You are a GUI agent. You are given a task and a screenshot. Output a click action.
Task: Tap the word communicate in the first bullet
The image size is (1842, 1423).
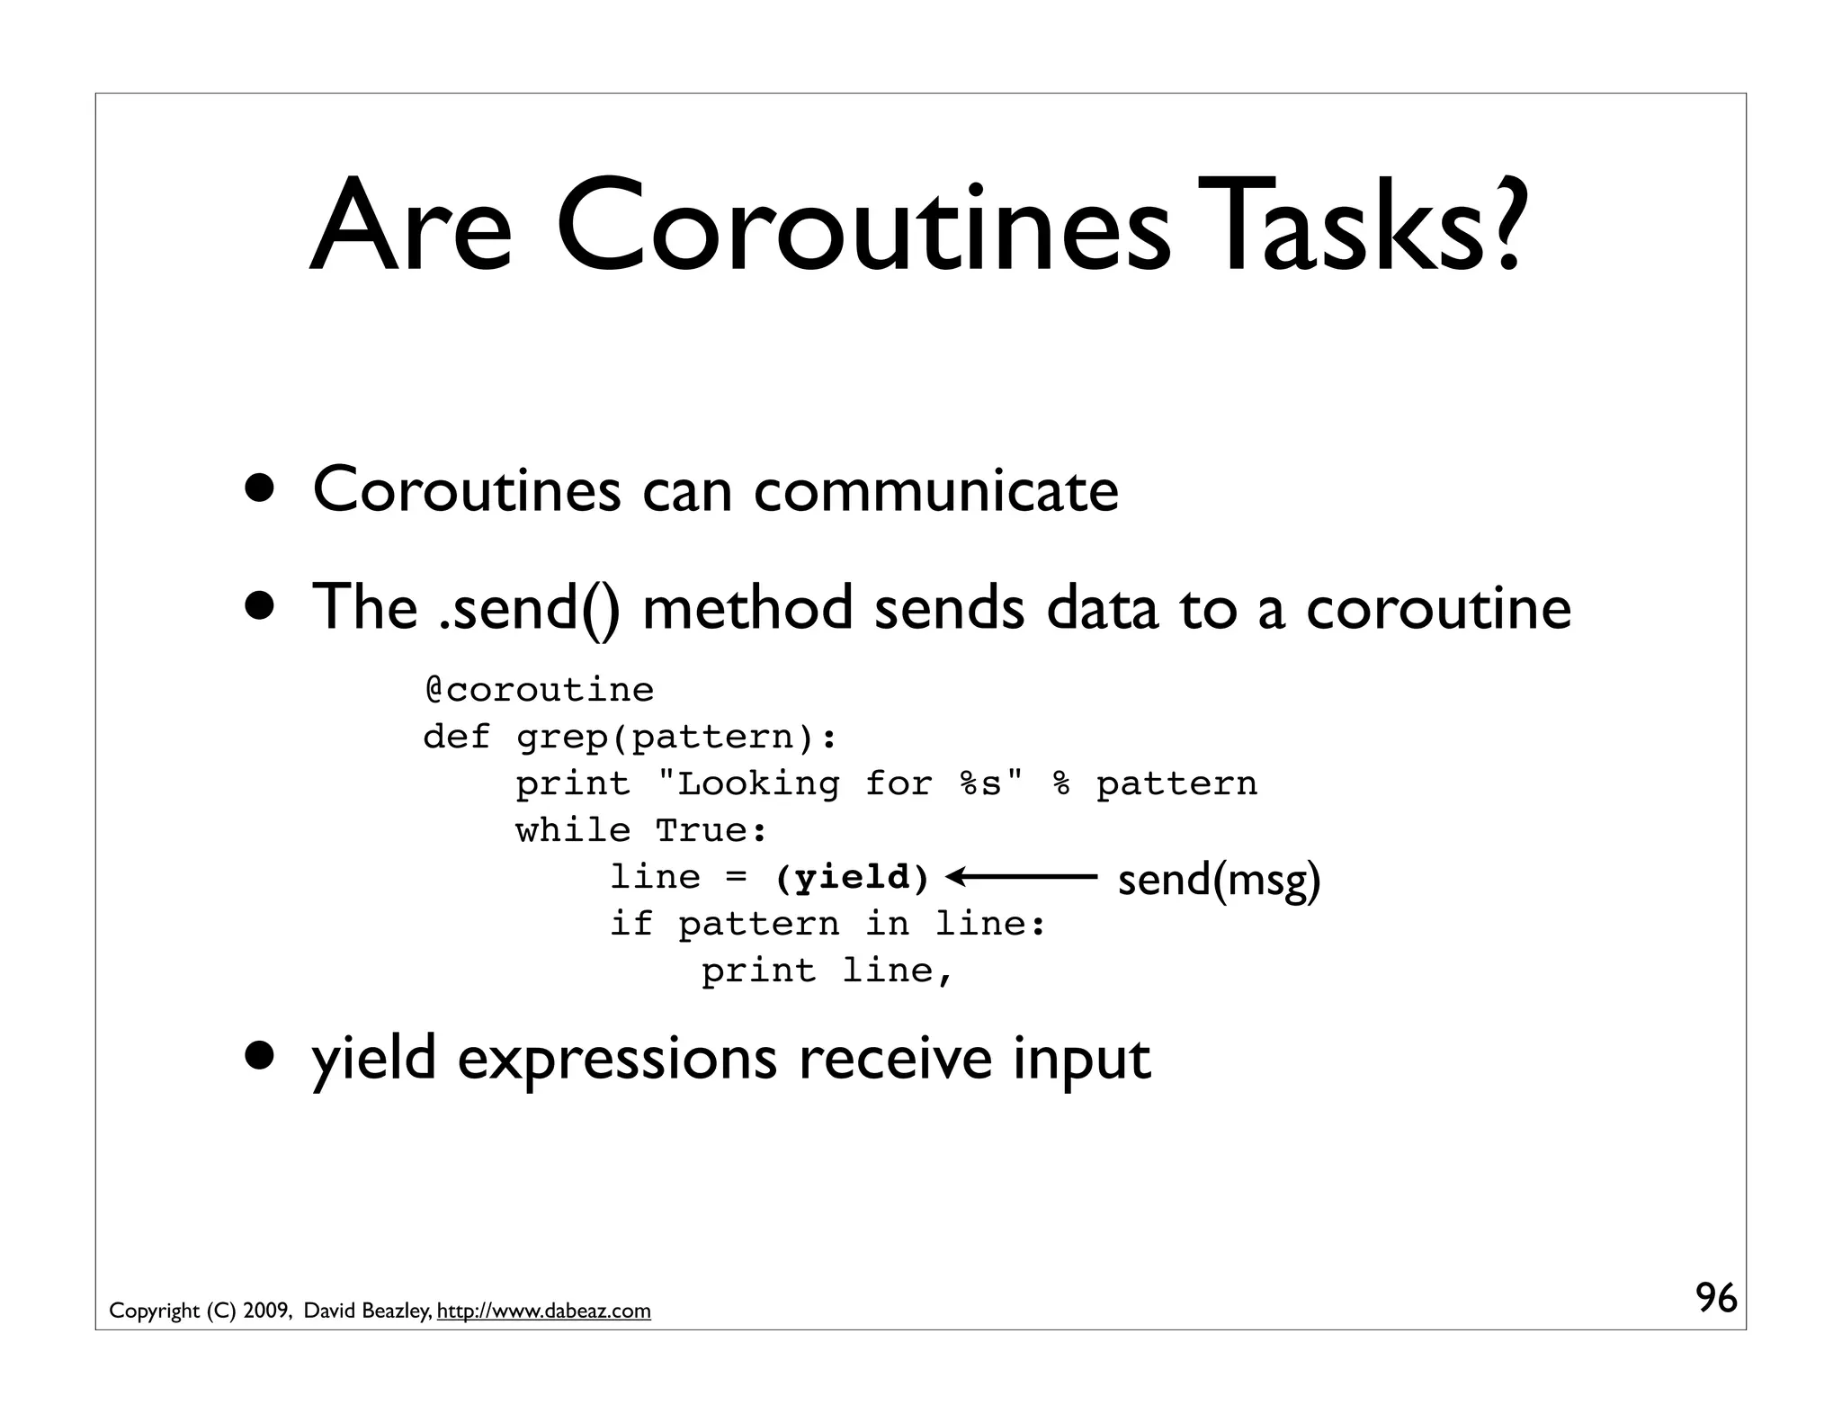(x=936, y=491)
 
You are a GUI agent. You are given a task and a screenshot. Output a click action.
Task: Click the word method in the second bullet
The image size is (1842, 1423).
(x=747, y=608)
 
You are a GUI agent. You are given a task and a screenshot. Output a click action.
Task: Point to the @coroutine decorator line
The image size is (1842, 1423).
(x=540, y=690)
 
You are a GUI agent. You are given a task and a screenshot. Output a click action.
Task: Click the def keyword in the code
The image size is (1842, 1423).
(x=457, y=737)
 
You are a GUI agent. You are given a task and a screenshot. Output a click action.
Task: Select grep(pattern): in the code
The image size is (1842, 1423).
(x=676, y=737)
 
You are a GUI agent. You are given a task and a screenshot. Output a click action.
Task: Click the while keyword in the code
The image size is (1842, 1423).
(x=573, y=830)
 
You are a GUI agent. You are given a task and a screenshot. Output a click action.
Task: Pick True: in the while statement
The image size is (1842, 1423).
(x=711, y=830)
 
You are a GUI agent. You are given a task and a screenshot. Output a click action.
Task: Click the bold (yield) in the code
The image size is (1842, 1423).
(x=852, y=877)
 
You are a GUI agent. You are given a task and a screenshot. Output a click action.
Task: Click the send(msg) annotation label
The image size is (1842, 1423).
(x=1219, y=879)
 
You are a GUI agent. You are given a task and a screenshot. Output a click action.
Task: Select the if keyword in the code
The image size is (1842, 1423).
(x=631, y=924)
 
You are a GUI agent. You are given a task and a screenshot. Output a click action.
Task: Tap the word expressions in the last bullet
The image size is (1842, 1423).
(x=617, y=1060)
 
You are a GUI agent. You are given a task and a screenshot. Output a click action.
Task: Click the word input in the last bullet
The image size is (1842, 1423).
(x=1082, y=1060)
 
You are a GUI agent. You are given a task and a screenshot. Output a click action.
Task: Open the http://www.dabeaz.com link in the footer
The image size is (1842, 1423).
(x=543, y=1311)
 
